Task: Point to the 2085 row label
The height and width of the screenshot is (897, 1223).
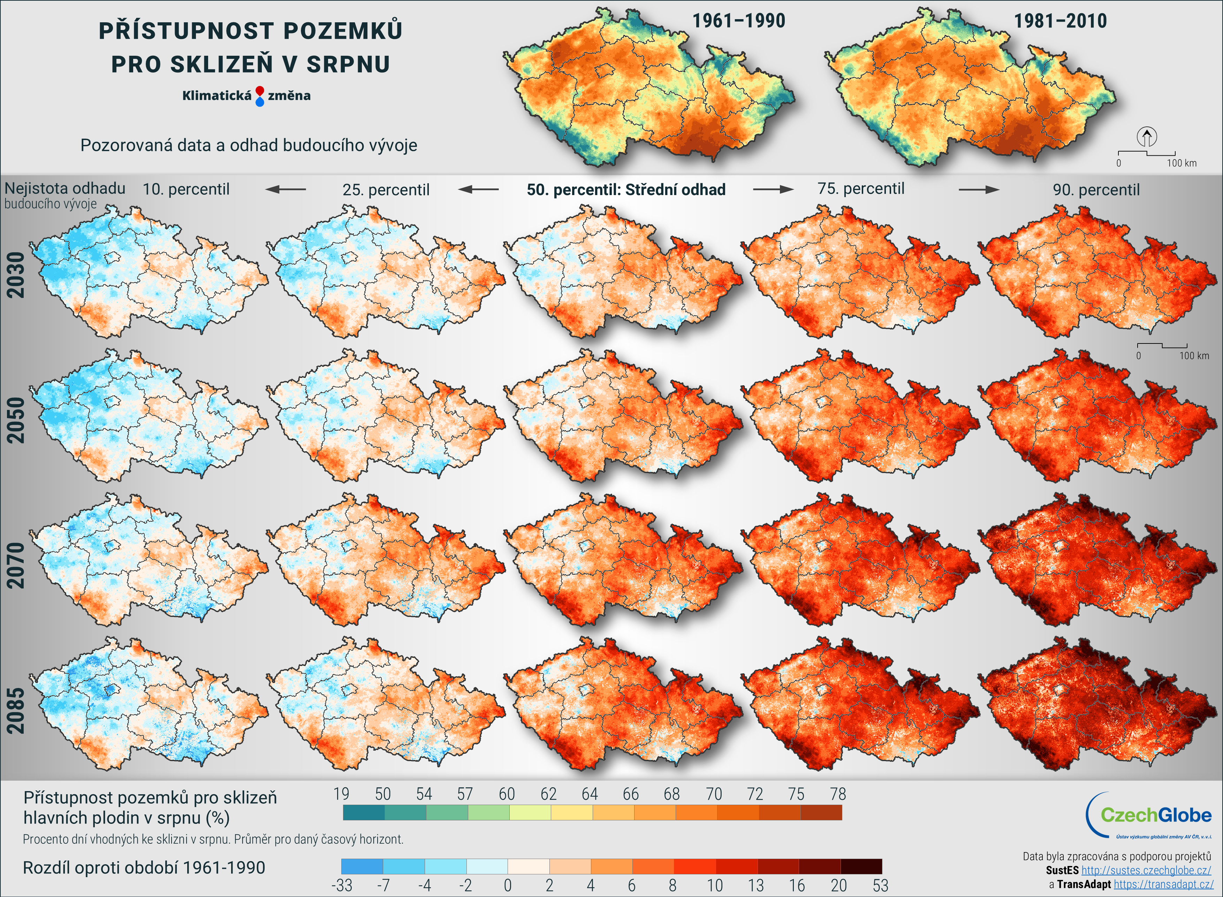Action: pyautogui.click(x=16, y=711)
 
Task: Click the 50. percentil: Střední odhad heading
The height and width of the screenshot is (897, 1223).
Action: pyautogui.click(x=626, y=190)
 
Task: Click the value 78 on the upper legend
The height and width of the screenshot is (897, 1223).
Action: pyautogui.click(x=838, y=794)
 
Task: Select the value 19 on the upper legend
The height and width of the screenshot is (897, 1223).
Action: pyautogui.click(x=341, y=794)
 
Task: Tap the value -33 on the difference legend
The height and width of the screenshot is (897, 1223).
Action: pyautogui.click(x=342, y=886)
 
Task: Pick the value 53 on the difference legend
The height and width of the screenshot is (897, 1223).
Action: pyautogui.click(x=880, y=886)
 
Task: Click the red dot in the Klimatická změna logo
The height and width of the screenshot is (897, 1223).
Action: pyautogui.click(x=260, y=91)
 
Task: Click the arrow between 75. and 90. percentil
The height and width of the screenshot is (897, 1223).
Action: pyautogui.click(x=979, y=190)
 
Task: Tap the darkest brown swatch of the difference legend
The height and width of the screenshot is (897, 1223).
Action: pyautogui.click(x=861, y=866)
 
